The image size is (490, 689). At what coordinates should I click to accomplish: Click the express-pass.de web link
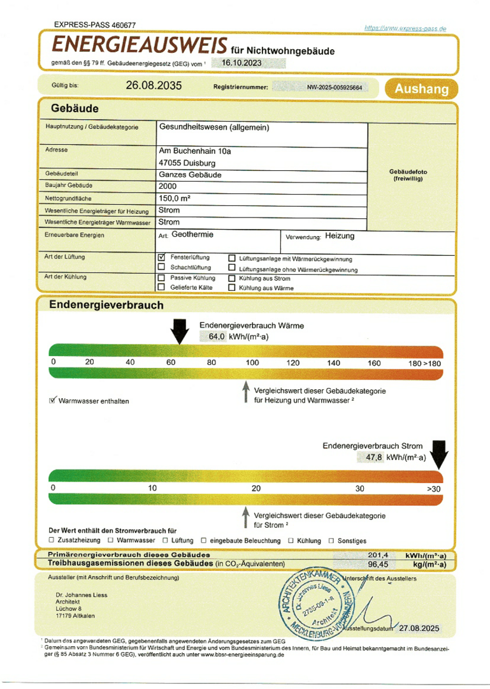405,28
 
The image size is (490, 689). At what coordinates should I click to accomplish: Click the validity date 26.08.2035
154,85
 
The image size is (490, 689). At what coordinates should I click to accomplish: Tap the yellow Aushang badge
421,89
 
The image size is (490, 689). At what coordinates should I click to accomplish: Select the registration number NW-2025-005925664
334,87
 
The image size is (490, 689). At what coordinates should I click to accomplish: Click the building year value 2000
168,186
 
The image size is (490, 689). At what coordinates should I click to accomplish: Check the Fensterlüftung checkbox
161,256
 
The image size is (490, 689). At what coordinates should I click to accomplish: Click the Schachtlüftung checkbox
161,267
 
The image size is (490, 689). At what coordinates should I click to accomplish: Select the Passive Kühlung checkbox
161,278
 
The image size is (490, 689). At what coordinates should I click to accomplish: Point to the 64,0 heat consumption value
217,337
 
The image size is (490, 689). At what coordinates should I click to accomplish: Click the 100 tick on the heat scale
252,362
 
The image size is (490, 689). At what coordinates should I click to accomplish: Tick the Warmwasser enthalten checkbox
53,401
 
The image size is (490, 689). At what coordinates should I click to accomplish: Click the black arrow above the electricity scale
439,455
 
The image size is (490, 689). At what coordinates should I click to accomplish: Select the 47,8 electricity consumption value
374,457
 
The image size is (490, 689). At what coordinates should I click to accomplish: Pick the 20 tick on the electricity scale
256,488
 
